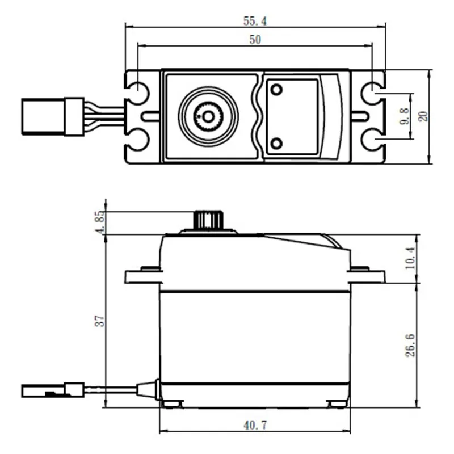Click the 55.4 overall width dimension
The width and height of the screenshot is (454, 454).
[x=255, y=21]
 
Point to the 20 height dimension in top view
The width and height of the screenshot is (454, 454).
[x=423, y=116]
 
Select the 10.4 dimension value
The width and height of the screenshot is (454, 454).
[x=411, y=258]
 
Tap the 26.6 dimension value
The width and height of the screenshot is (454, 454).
[x=411, y=344]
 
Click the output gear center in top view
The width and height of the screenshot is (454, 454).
[x=208, y=116]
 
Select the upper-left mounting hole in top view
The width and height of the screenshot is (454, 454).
[x=138, y=91]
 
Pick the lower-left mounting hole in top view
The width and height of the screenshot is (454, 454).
[x=138, y=140]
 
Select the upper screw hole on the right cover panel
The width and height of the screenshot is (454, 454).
[x=277, y=90]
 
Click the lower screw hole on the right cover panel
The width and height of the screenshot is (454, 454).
[x=277, y=142]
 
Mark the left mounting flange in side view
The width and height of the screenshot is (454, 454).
[x=141, y=276]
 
